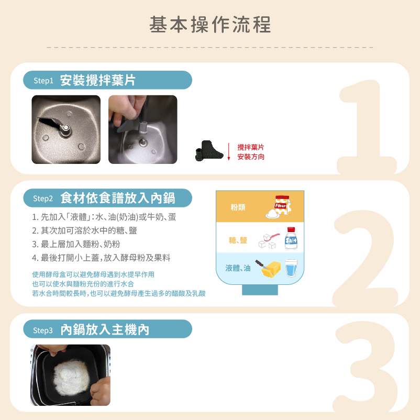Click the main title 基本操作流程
click(x=210, y=25)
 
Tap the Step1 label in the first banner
click(x=43, y=80)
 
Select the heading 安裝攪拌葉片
click(x=98, y=80)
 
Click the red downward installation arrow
click(x=228, y=151)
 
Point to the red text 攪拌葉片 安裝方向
click(x=251, y=152)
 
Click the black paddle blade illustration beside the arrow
click(x=209, y=151)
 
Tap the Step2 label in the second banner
click(x=43, y=198)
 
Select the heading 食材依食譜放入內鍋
click(x=118, y=198)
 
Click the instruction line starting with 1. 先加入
click(x=104, y=217)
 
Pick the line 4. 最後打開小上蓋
click(x=101, y=258)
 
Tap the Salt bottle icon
click(x=291, y=238)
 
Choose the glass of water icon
click(x=291, y=268)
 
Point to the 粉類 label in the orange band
click(x=238, y=207)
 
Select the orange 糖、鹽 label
click(x=238, y=240)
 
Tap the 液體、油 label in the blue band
click(x=238, y=268)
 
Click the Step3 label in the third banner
click(x=43, y=330)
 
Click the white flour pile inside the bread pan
click(x=71, y=378)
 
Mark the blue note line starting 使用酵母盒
click(x=93, y=274)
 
